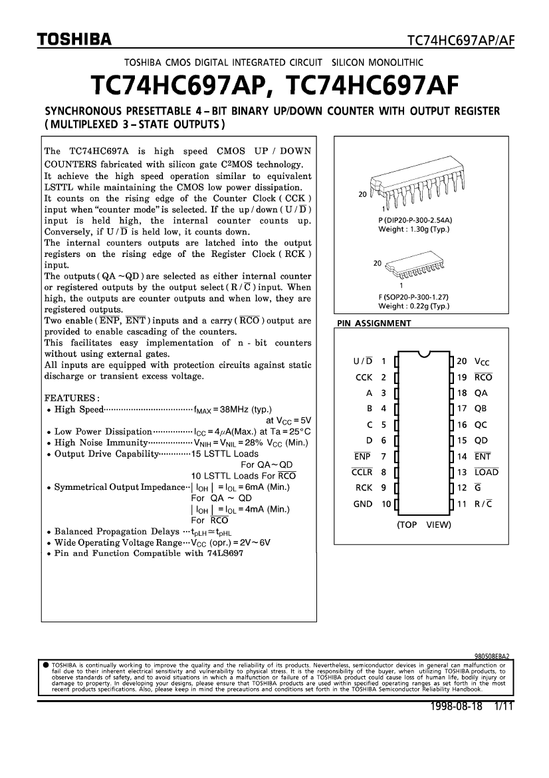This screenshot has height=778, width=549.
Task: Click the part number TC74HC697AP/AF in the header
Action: tap(461, 41)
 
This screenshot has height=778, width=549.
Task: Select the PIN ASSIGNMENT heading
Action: tap(374, 323)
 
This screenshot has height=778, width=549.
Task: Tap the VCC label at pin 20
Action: tap(482, 361)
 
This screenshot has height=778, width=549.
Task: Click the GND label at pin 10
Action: tap(363, 504)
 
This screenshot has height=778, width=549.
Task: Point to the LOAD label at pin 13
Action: tap(487, 472)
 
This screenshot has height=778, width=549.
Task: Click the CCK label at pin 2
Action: tap(364, 377)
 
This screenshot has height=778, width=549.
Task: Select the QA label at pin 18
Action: tap(481, 393)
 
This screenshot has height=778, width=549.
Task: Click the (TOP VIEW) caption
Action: tap(423, 524)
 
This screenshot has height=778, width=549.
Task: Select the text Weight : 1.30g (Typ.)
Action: tap(413, 229)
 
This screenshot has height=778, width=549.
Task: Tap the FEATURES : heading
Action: tap(72, 397)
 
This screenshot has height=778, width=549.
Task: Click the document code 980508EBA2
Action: tap(491, 656)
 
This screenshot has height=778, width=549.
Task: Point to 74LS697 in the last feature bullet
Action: tap(225, 553)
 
